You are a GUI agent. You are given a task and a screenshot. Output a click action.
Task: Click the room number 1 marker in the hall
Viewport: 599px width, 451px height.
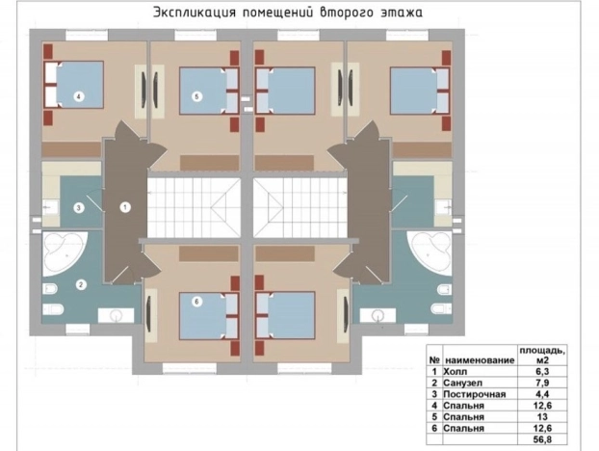pos(124,205)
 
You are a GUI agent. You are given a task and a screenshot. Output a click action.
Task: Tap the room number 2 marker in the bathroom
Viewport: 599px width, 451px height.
pos(81,283)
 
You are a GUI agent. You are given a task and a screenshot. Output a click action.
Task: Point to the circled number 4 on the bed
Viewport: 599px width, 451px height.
pos(78,95)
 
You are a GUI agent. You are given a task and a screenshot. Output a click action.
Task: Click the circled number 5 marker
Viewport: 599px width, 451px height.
pos(195,95)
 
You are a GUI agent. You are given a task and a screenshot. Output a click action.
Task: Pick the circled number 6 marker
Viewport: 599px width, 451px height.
pos(196,301)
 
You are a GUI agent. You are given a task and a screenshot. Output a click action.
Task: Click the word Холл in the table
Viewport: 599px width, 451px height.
pos(454,370)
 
